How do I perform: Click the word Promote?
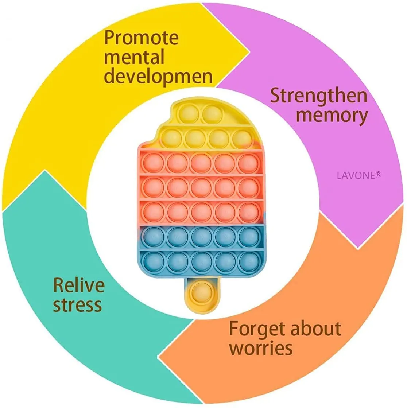(x=141, y=38)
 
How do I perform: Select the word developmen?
(x=158, y=77)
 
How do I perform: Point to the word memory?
(x=332, y=116)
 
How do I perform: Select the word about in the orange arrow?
(x=316, y=328)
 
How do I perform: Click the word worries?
(x=261, y=348)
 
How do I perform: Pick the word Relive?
(x=79, y=285)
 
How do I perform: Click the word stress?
(x=77, y=304)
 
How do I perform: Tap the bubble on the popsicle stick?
(x=202, y=292)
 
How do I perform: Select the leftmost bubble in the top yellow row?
(x=189, y=114)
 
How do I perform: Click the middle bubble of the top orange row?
(x=201, y=163)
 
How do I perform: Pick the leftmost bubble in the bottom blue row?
(x=154, y=261)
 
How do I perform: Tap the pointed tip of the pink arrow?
(x=358, y=248)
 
